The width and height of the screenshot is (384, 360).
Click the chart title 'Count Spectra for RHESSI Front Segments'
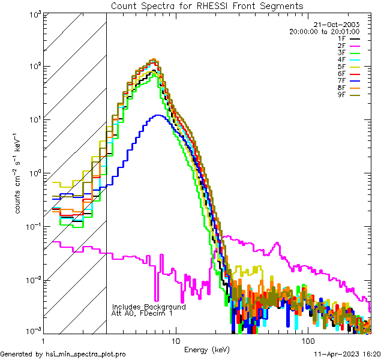click(207, 5)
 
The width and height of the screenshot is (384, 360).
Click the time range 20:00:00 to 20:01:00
click(324, 31)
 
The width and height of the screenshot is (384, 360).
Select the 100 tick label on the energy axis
click(307, 340)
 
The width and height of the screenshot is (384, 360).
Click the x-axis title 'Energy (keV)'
click(206, 349)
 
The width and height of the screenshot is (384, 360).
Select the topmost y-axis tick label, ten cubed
click(34, 14)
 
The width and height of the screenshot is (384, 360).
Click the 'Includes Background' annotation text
click(149, 307)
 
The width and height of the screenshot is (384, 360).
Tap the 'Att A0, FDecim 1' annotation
click(142, 313)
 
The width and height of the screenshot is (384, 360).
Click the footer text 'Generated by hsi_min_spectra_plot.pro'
click(63, 354)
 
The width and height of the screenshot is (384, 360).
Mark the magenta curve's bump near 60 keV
click(277, 244)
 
